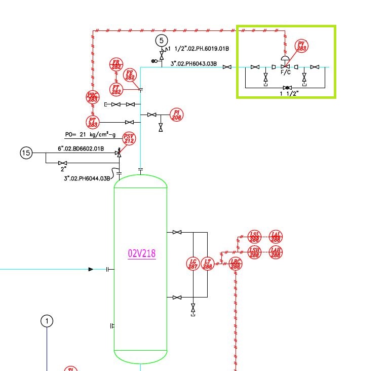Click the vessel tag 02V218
[x=142, y=253]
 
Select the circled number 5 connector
[x=161, y=40]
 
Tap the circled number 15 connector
[x=26, y=152]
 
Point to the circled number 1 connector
[x=47, y=321]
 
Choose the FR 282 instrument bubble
[x=117, y=65]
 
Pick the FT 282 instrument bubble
[x=117, y=90]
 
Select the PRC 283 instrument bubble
[x=93, y=97]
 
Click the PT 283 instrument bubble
[x=93, y=122]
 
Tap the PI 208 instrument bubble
[x=176, y=115]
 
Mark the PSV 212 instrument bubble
[x=130, y=138]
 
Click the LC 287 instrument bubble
[x=192, y=264]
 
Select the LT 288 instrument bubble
[x=207, y=264]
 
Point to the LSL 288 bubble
[x=254, y=236]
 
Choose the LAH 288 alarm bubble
[x=276, y=252]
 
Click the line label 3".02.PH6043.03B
[x=193, y=64]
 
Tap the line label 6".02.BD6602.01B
[x=81, y=149]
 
